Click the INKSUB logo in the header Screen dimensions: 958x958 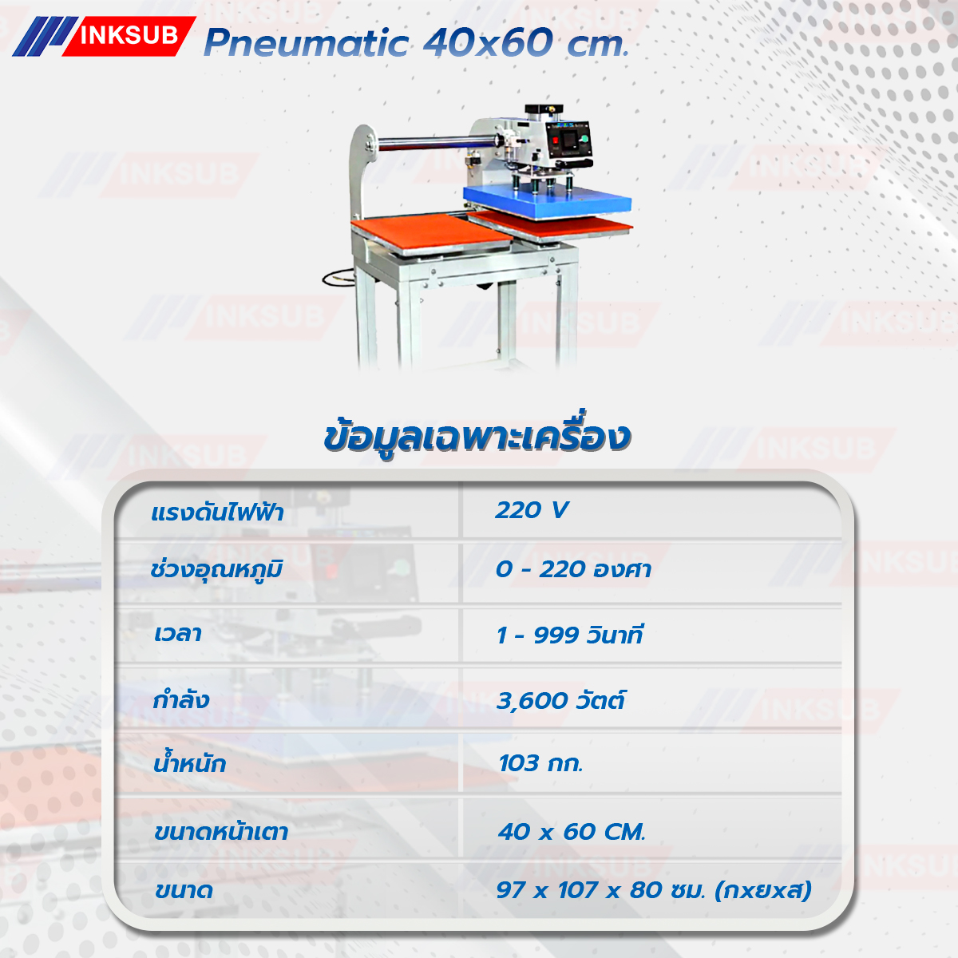(x=104, y=36)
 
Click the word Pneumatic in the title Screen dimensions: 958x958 (x=306, y=43)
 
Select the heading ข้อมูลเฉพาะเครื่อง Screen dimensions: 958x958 (x=477, y=436)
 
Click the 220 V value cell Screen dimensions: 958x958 (x=532, y=510)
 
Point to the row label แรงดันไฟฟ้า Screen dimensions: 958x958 (x=217, y=513)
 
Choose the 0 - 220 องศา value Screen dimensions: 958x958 (x=573, y=569)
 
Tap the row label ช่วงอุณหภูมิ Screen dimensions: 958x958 (x=216, y=570)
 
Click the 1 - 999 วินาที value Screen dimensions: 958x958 (x=570, y=635)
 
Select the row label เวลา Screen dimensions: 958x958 (x=177, y=635)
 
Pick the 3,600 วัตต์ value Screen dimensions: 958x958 (x=560, y=700)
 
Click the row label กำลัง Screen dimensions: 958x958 (x=181, y=700)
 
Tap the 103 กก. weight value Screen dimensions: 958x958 (x=540, y=764)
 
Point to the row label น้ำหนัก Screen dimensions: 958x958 (x=190, y=762)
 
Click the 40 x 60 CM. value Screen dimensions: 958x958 (x=572, y=832)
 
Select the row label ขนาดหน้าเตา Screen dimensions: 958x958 (x=221, y=832)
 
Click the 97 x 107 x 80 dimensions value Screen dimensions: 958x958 (x=654, y=890)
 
